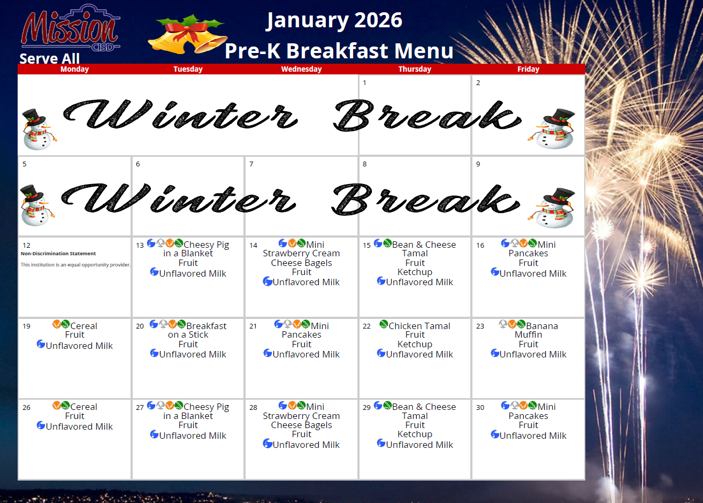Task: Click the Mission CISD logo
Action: (x=71, y=28)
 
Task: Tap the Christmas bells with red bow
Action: (x=188, y=34)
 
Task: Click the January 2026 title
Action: (x=334, y=21)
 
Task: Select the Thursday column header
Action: (x=415, y=69)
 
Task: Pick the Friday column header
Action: (x=528, y=69)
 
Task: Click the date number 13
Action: (x=140, y=245)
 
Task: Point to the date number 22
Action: (x=366, y=326)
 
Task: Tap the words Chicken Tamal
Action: (x=419, y=326)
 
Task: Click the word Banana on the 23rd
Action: (x=542, y=326)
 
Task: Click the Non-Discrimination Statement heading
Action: (x=58, y=254)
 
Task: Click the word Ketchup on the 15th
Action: (x=415, y=272)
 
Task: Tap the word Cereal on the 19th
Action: (x=84, y=326)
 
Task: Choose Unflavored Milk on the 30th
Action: (x=533, y=436)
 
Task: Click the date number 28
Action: (x=253, y=408)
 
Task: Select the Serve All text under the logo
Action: (x=50, y=58)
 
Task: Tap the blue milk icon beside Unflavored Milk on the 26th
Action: (x=41, y=425)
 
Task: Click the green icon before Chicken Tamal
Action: (x=384, y=324)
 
